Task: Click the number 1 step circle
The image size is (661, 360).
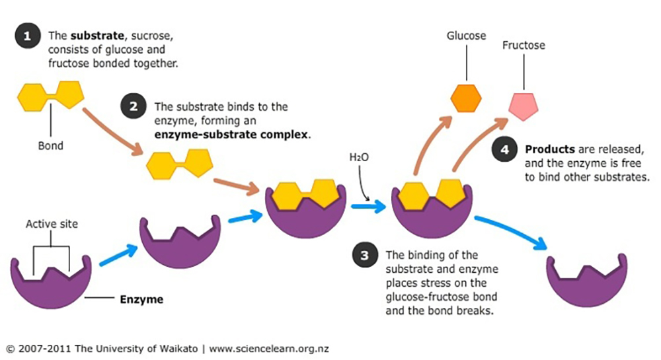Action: (27, 36)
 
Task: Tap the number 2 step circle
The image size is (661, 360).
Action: (134, 106)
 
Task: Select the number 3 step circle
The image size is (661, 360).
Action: (365, 256)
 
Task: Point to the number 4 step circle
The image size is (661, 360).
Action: (505, 150)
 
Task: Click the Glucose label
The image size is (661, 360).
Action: (465, 36)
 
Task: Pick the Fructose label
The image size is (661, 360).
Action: (524, 46)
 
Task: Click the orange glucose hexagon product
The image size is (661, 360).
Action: (466, 97)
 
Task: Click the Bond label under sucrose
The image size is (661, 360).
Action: (50, 145)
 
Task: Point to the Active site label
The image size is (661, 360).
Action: (52, 224)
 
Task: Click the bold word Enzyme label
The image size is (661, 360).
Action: (141, 299)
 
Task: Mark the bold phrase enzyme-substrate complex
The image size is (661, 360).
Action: (231, 134)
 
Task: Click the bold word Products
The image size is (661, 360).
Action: (549, 149)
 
